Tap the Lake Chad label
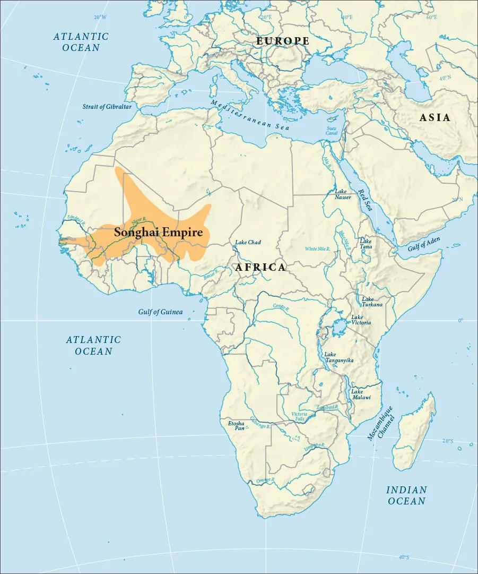[x=248, y=243]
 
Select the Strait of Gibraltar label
[x=107, y=107]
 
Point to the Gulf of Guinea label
[x=160, y=312]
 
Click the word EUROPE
[x=282, y=41]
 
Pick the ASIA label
[x=434, y=118]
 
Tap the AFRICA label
[x=260, y=268]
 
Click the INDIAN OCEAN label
[x=406, y=495]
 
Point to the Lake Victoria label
[x=361, y=320]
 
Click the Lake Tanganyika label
[x=338, y=357]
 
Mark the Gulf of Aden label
[x=424, y=244]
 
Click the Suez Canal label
[x=332, y=131]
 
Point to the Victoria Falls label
[x=300, y=416]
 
